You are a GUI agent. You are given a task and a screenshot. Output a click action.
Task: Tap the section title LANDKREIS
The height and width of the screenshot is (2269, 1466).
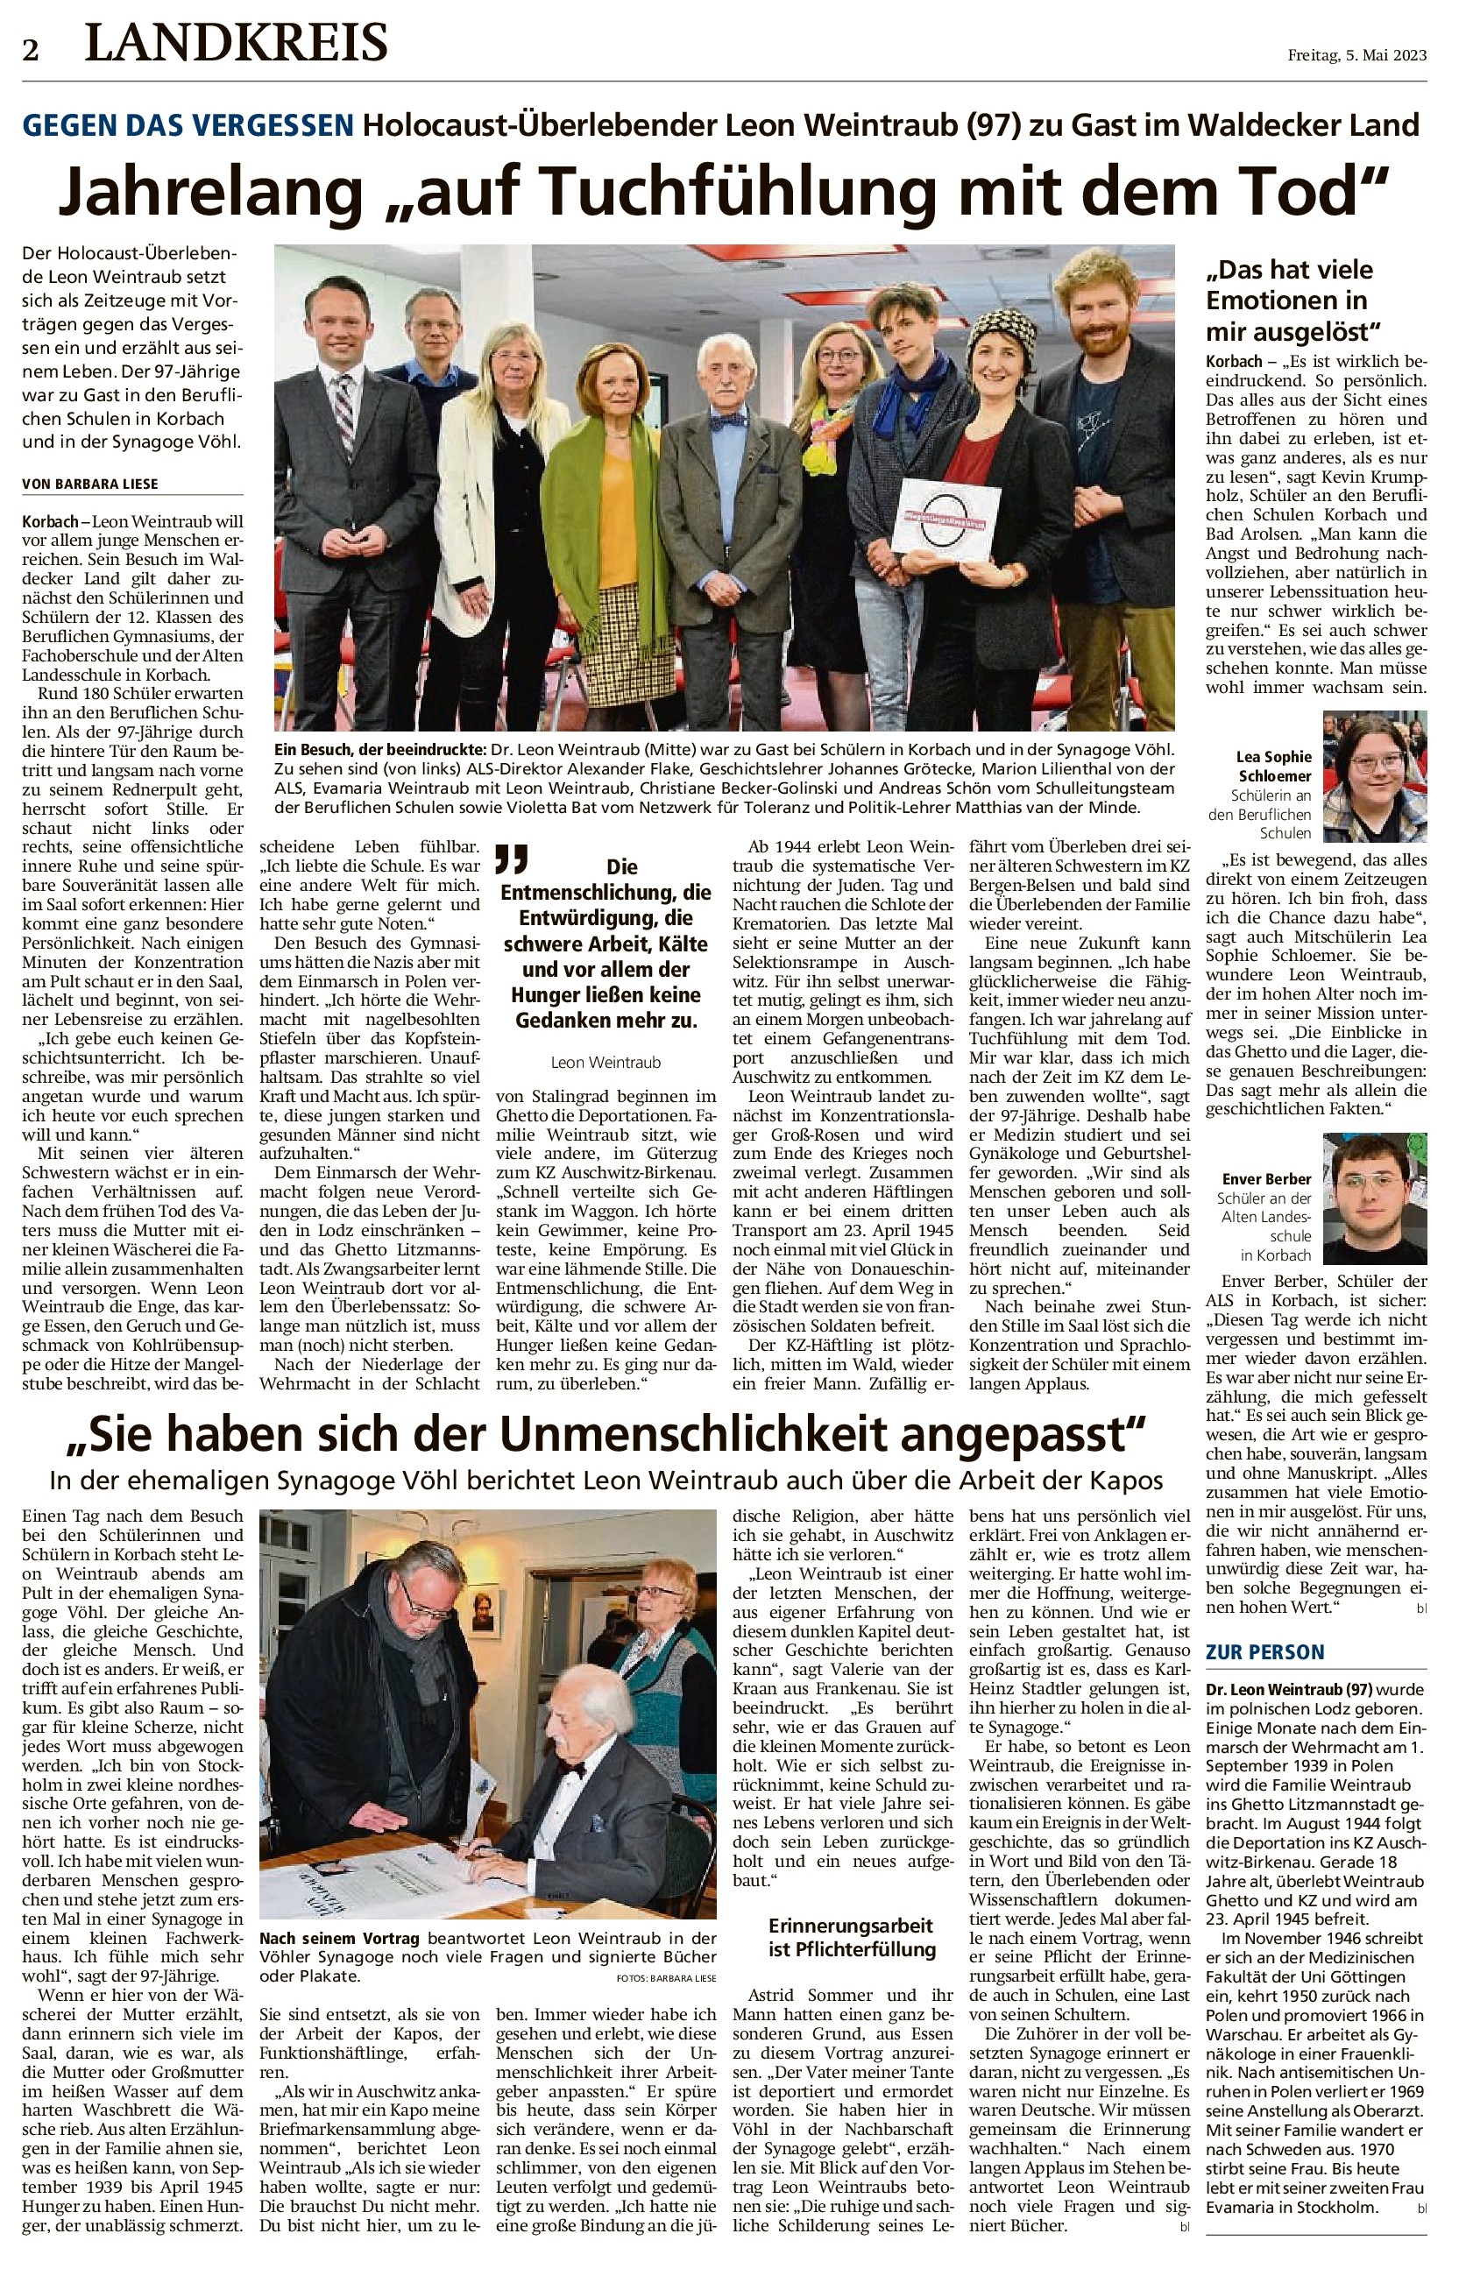pyautogui.click(x=236, y=44)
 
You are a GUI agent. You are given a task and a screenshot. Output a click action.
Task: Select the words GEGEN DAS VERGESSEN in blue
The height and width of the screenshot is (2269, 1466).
pyautogui.click(x=188, y=124)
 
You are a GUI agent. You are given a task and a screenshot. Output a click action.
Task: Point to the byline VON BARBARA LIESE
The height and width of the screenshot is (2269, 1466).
pyautogui.click(x=90, y=484)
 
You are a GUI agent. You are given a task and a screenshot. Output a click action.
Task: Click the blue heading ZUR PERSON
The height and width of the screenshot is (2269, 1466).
pyautogui.click(x=1265, y=1651)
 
